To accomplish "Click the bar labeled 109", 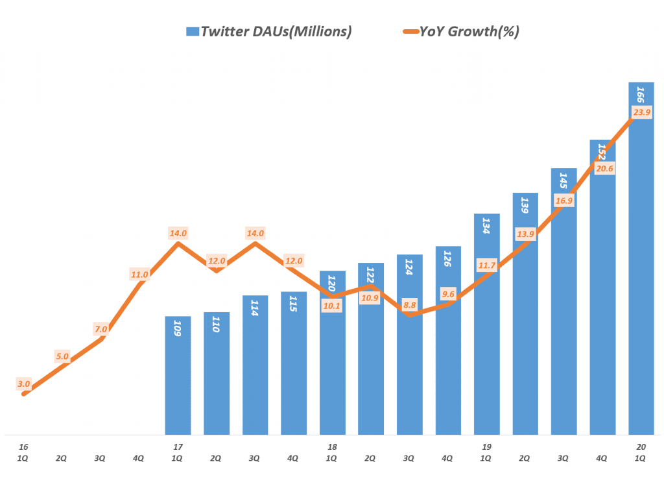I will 178,376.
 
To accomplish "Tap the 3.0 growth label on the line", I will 24,384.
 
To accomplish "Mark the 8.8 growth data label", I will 409,303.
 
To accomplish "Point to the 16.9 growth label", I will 564,201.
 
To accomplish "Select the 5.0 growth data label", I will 62,356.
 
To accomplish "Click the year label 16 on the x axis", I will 24,447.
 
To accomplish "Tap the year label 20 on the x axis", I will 641,447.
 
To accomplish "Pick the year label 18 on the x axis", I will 332,447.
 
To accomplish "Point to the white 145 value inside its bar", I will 564,181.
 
